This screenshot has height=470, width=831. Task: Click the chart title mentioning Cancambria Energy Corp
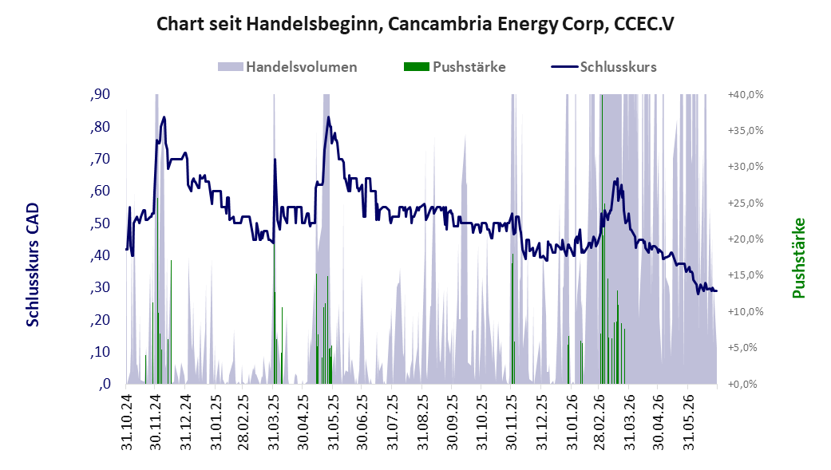[x=415, y=24]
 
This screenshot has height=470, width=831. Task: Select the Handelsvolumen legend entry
[x=287, y=67]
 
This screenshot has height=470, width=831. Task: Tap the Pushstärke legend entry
[x=455, y=67]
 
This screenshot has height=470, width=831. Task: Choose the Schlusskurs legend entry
[x=604, y=67]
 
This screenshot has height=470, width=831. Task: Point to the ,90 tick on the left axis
[x=100, y=94]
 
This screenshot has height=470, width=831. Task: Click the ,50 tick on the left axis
[x=100, y=223]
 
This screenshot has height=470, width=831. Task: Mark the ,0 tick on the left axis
[x=105, y=384]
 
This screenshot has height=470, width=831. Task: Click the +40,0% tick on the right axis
[x=746, y=94]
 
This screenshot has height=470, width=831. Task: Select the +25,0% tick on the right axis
[x=746, y=203]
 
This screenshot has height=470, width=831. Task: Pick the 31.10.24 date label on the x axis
[x=127, y=422]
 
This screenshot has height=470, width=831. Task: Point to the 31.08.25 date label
[x=422, y=422]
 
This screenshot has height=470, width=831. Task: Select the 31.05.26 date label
[x=688, y=422]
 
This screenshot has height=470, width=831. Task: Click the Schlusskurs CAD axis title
[x=33, y=264]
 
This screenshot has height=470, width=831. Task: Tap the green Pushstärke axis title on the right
[x=799, y=258]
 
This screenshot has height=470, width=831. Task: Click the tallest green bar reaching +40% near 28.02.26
[x=602, y=239]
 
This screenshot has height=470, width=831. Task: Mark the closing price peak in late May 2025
[x=328, y=117]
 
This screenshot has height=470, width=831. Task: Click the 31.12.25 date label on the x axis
[x=542, y=422]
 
